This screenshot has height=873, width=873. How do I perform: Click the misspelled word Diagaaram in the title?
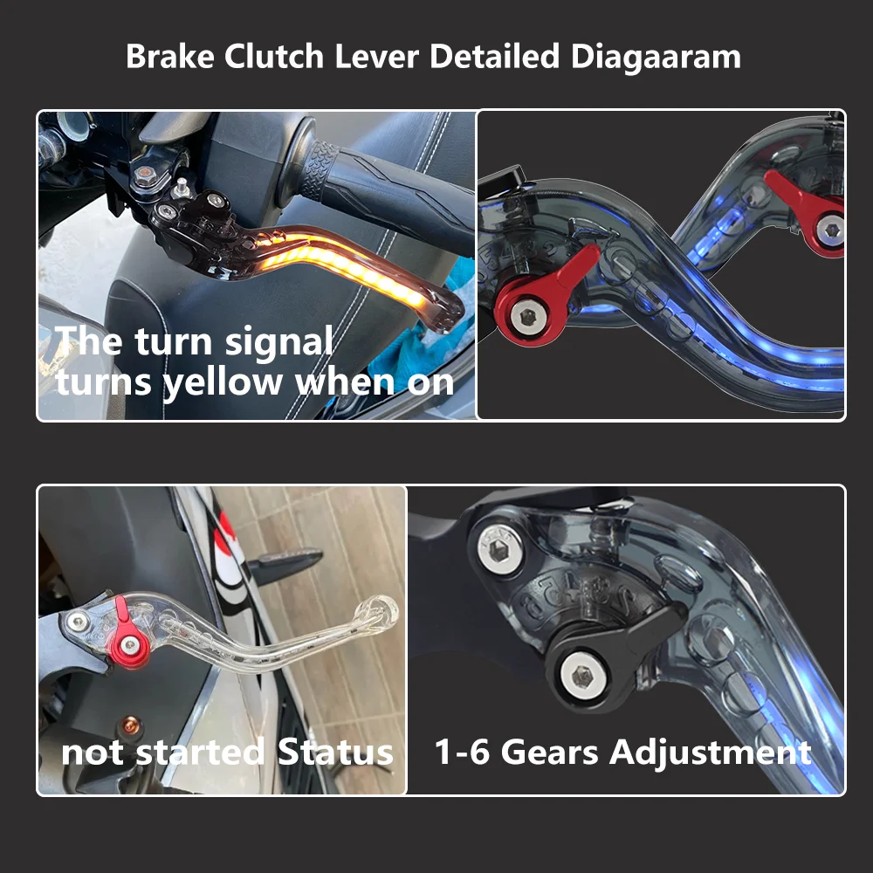(x=656, y=57)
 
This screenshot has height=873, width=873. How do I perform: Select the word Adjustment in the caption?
(x=711, y=752)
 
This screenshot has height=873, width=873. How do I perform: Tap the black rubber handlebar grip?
(x=384, y=188)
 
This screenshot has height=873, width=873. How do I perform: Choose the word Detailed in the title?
(x=494, y=57)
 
